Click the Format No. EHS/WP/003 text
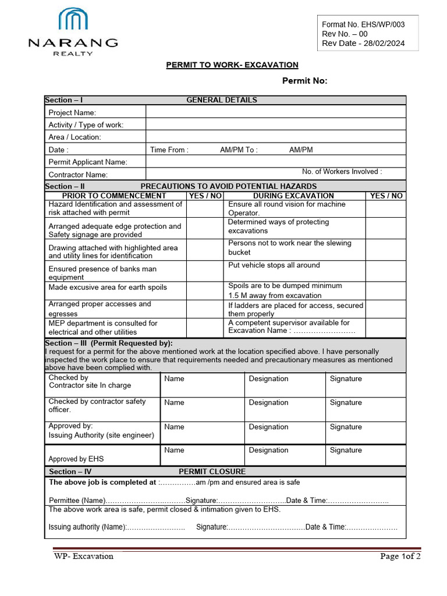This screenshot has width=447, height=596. (363, 24)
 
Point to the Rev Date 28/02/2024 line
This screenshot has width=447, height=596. (363, 44)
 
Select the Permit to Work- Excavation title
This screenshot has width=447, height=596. (232, 65)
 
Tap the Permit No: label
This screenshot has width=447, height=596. (304, 81)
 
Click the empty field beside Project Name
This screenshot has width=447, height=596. (275, 112)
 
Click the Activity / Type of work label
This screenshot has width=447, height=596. (86, 125)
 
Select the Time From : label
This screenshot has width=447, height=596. (169, 150)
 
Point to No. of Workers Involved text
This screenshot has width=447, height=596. (342, 172)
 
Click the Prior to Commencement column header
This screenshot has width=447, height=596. (114, 196)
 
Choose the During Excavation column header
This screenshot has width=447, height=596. (293, 196)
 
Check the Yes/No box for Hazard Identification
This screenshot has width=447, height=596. (205, 208)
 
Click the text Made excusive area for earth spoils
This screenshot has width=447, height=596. (108, 287)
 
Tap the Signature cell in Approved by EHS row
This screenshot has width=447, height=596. (365, 454)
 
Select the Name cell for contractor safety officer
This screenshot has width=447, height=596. (201, 409)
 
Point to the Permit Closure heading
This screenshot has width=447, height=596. (212, 471)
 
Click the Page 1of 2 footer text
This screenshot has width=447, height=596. (400, 556)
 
